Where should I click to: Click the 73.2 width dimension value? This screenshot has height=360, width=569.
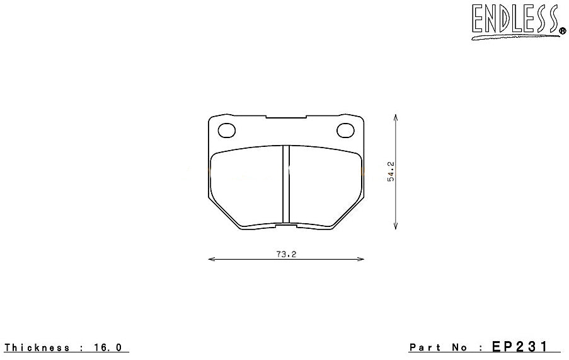(285, 254)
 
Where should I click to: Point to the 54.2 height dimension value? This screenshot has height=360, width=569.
(391, 171)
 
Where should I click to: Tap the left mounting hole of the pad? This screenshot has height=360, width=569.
(226, 131)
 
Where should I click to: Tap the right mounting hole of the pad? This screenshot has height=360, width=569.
(345, 131)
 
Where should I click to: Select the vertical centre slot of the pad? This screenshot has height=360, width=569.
(285, 184)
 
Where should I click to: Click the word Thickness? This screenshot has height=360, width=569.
(36, 347)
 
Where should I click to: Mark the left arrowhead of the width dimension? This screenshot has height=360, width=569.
(210, 259)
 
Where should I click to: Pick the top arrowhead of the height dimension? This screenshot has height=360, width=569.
(395, 117)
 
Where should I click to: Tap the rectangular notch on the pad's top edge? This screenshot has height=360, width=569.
(285, 117)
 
